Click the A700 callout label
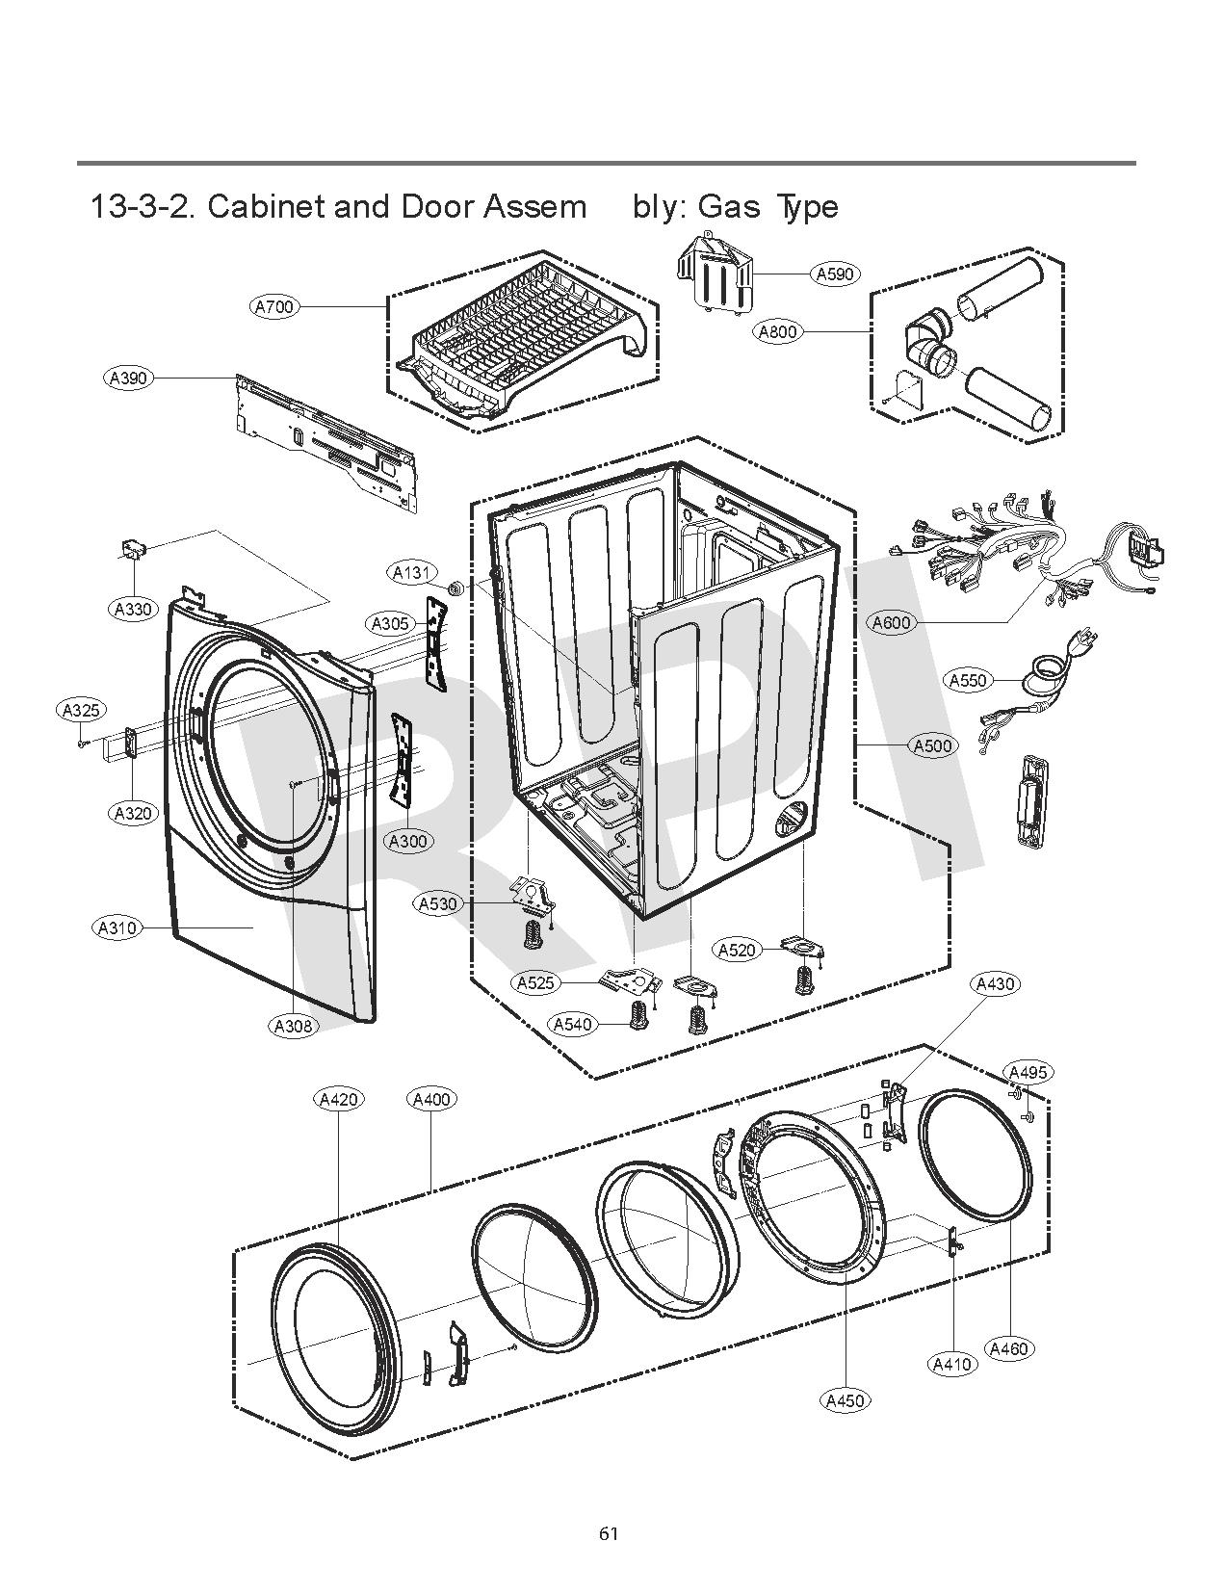(x=274, y=306)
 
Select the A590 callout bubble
(x=835, y=274)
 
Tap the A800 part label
(x=776, y=332)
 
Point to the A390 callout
(x=128, y=378)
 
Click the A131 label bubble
(x=412, y=573)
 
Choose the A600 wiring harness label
(x=891, y=622)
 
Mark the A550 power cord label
(x=968, y=680)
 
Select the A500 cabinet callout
(x=931, y=745)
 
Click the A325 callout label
(x=80, y=711)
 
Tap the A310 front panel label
(x=117, y=928)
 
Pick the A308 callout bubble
(x=294, y=1026)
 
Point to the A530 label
(x=438, y=904)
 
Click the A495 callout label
(x=1028, y=1072)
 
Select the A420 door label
(x=339, y=1099)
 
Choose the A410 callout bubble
(x=952, y=1363)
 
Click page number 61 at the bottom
(x=608, y=1533)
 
